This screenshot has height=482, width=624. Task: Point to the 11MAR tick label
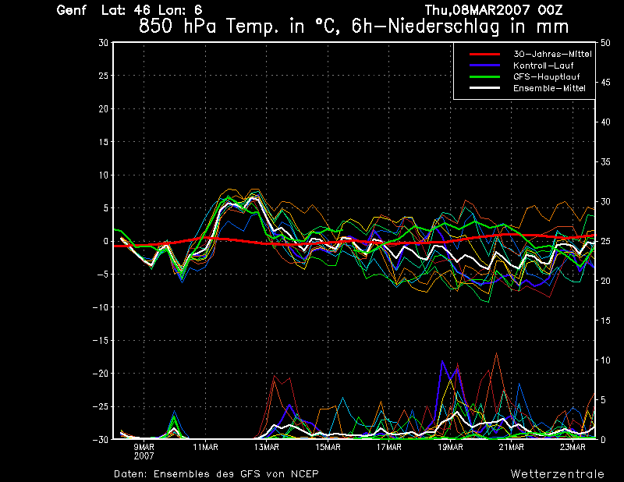204,447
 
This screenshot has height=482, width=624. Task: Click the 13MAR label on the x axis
266,447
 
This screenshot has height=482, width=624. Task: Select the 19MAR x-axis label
450,447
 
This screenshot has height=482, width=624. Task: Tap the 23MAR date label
573,447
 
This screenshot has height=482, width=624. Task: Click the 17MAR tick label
388,447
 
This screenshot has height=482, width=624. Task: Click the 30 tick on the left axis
103,43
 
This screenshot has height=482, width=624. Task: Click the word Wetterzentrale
558,473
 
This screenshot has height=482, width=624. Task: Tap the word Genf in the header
72,10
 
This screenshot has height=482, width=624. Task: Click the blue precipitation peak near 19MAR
443,362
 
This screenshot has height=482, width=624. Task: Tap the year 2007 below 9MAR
144,455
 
